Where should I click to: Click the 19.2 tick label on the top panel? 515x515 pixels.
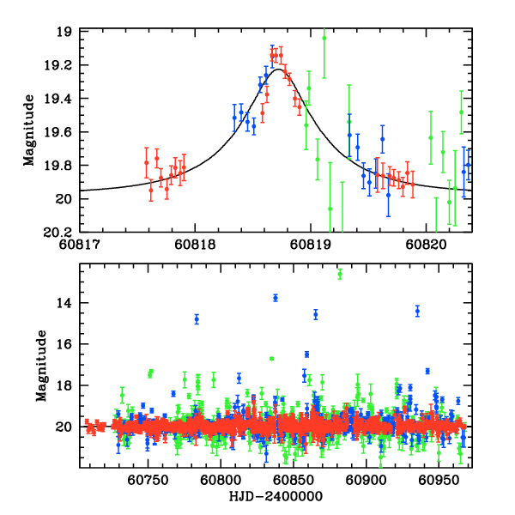62,65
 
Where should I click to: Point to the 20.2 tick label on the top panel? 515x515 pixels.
62,232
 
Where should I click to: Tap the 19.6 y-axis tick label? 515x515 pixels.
62,132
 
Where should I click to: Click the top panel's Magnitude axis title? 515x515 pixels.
29,131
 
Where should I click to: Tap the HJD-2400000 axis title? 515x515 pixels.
275,496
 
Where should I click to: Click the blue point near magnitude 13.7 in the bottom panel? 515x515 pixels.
276,298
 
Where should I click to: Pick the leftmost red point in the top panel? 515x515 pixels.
147,162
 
